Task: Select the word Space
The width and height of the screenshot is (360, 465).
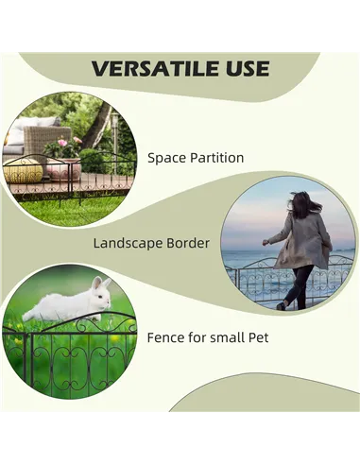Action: point(166,158)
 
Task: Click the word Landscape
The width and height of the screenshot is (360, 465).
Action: point(128,243)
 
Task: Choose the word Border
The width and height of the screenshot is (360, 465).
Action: point(187,243)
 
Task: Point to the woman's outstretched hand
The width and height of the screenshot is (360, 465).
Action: point(266,242)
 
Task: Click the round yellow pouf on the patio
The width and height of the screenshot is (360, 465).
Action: point(25,172)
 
